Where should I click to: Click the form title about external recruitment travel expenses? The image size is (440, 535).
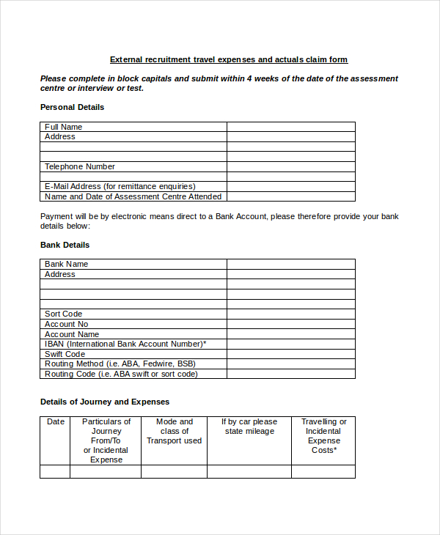tap(228, 59)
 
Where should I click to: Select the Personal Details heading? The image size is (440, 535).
tap(72, 107)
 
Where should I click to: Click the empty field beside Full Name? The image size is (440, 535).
tap(290, 127)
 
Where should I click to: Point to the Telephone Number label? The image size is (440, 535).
tap(79, 166)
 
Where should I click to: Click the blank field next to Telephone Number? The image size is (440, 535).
tap(290, 166)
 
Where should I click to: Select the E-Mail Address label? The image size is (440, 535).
tap(120, 186)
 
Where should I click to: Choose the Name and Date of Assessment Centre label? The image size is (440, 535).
tap(133, 196)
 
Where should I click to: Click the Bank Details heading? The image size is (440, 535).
tap(65, 245)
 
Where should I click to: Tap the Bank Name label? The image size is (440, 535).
tap(66, 264)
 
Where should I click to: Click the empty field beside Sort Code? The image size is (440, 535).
tap(290, 314)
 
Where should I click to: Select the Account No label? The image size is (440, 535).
tap(66, 324)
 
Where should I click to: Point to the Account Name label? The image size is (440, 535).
tap(71, 334)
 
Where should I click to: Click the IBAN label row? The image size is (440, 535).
tap(125, 344)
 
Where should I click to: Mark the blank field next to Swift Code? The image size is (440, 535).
tap(290, 354)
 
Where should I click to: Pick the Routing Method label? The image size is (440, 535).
tap(120, 364)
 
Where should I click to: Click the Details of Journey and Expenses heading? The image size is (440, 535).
tap(104, 402)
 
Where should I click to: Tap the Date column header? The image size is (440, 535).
tap(56, 421)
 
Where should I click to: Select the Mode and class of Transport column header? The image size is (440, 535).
tap(174, 431)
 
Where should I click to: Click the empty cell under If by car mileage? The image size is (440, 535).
tap(249, 471)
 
